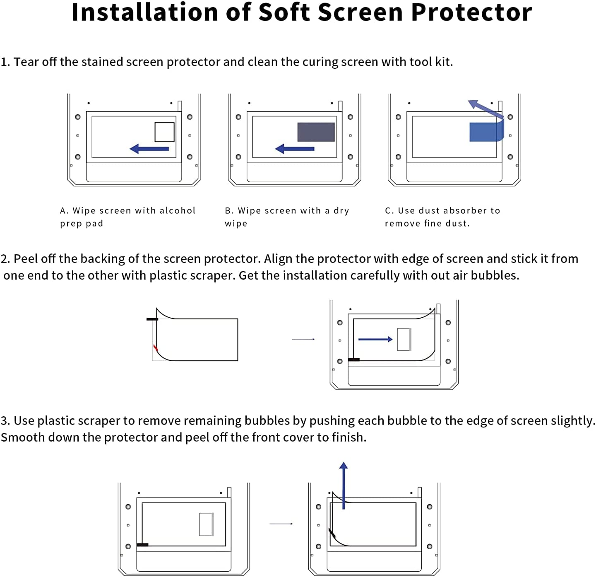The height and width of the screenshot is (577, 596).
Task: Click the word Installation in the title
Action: tap(145, 12)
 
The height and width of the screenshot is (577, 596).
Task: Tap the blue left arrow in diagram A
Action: tap(149, 149)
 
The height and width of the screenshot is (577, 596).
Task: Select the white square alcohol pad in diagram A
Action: tap(164, 132)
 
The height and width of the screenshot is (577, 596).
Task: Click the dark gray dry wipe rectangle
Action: tap(316, 132)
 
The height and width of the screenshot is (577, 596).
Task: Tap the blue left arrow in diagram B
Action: tap(295, 149)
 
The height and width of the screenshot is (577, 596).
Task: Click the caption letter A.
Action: tap(63, 211)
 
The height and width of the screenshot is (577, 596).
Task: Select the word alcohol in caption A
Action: tap(177, 211)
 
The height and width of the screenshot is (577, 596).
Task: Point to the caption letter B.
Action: tap(228, 211)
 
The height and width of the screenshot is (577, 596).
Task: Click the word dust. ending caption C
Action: tap(457, 224)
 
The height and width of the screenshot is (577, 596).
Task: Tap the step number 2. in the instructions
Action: tap(5, 259)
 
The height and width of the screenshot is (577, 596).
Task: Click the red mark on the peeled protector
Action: tap(156, 348)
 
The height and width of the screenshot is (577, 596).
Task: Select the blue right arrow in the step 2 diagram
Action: tap(375, 339)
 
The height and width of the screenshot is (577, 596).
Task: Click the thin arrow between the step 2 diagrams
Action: tap(303, 339)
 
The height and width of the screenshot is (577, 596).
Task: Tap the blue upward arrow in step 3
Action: tap(343, 485)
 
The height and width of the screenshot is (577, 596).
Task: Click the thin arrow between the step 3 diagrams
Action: tap(281, 524)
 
